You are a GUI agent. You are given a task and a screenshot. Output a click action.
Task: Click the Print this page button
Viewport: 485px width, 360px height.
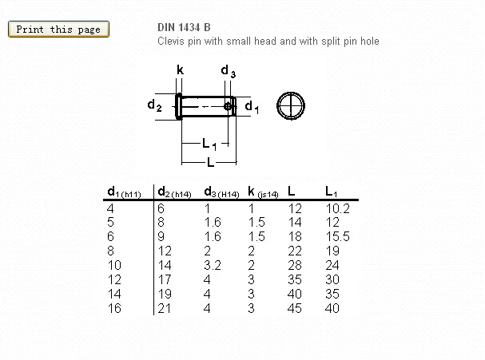[x=58, y=30]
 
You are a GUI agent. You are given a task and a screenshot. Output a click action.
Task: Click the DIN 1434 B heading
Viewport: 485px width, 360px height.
[x=185, y=27]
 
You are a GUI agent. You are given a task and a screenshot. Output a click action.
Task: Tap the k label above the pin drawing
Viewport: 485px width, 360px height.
[x=180, y=70]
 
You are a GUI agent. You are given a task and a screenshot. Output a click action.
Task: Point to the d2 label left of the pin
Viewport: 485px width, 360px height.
[x=155, y=105]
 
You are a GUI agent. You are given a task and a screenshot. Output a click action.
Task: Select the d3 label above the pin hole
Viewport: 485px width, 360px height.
[x=228, y=72]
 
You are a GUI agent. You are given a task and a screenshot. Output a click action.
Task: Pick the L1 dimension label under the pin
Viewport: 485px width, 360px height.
[x=209, y=144]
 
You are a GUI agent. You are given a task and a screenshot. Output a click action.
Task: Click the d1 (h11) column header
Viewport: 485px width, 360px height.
[x=125, y=192]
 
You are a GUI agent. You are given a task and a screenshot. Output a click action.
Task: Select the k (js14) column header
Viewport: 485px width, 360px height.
[x=263, y=192]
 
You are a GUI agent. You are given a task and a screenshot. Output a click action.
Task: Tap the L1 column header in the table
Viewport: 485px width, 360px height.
[x=332, y=192]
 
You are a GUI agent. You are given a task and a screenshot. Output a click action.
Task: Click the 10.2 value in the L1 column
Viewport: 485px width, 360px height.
[x=338, y=208]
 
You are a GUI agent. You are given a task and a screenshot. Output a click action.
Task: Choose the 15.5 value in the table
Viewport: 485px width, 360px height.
[x=338, y=237]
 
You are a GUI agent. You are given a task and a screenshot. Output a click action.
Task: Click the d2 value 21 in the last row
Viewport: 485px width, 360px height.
[x=165, y=309]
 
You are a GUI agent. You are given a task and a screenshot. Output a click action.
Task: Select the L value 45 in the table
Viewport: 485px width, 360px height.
[x=295, y=309]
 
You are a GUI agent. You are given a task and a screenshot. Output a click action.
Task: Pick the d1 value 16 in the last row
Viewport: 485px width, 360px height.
[x=114, y=309]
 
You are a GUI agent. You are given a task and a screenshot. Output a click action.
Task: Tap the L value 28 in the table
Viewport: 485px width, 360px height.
[x=295, y=266]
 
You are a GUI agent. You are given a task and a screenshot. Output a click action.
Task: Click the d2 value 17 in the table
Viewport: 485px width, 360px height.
[x=165, y=280]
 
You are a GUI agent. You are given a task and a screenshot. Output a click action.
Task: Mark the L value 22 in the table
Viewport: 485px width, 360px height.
[x=295, y=251]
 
